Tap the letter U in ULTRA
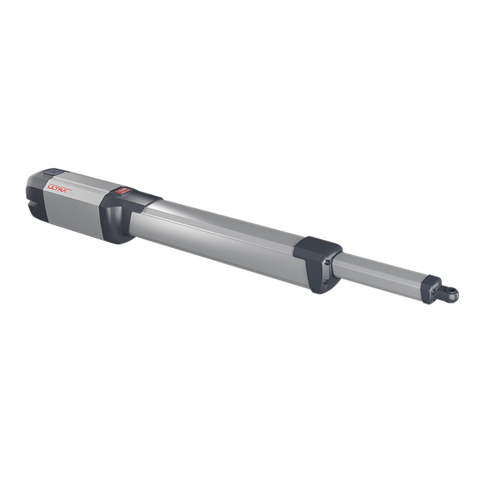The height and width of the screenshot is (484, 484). pyautogui.click(x=49, y=185)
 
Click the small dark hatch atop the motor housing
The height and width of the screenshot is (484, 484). pyautogui.click(x=52, y=172)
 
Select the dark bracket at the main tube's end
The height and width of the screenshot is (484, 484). pyautogui.click(x=317, y=264)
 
